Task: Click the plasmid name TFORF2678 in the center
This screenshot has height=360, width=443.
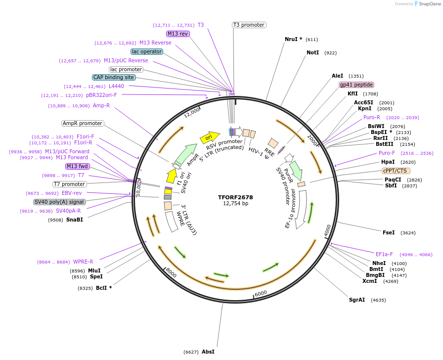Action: [x=235, y=197]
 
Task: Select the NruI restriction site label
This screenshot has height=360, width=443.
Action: [x=293, y=39]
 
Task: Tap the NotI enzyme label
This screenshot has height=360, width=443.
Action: [x=312, y=52]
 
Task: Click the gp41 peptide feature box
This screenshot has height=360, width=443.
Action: [x=356, y=85]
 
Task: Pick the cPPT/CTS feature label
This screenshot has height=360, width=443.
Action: [x=396, y=171]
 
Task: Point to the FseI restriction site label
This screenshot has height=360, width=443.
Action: [x=389, y=232]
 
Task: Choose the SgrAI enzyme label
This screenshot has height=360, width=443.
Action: [x=357, y=300]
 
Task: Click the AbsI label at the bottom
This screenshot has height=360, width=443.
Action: [x=208, y=352]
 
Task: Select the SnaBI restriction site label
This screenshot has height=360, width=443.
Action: [x=75, y=220]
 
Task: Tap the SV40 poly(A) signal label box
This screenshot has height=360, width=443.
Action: [x=59, y=202]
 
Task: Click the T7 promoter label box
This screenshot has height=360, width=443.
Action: [x=70, y=184]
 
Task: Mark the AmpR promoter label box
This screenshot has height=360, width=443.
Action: [x=83, y=123]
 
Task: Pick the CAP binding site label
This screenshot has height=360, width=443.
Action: [x=114, y=77]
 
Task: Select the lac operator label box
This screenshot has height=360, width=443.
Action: [x=146, y=51]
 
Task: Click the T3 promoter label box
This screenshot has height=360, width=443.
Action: [x=249, y=25]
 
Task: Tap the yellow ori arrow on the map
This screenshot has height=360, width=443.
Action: [x=210, y=137]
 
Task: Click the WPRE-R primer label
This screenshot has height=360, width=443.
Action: [x=83, y=262]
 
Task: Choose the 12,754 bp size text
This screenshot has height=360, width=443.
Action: [x=235, y=203]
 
